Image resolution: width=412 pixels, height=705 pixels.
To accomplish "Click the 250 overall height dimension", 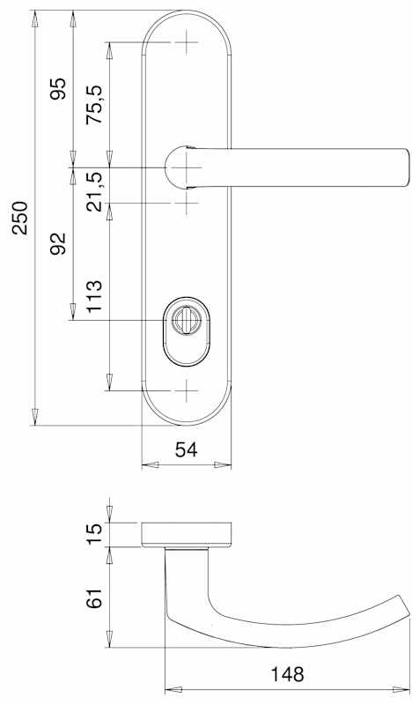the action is tap(20, 218).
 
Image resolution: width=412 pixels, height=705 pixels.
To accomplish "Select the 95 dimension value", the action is tap(58, 89).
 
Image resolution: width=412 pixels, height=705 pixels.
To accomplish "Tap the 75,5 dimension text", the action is tap(95, 104).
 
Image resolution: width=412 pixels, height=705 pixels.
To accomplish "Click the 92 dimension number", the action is tap(58, 244).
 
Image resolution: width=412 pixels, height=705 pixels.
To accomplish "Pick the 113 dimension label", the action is tap(95, 297).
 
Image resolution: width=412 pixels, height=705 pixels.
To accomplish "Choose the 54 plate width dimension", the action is tap(186, 449).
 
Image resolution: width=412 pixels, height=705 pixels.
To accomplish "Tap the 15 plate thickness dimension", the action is tap(95, 534).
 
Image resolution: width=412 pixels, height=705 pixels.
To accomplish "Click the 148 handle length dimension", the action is tap(287, 674).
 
